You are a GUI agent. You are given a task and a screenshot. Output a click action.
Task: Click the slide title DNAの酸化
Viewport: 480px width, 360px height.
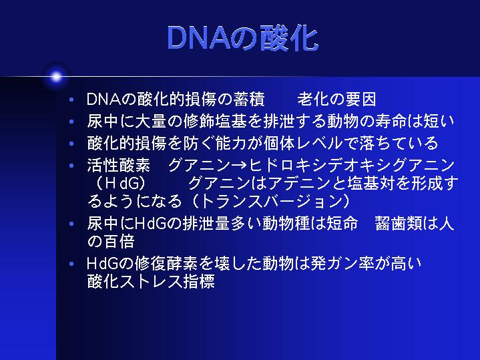tap(243, 38)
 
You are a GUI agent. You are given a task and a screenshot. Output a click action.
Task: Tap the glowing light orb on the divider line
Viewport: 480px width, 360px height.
tap(56, 77)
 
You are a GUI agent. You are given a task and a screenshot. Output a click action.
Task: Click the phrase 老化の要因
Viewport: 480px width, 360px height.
tap(336, 100)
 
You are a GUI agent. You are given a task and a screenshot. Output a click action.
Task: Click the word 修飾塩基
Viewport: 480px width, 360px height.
tap(215, 122)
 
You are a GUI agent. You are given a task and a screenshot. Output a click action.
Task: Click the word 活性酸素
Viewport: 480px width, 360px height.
tap(119, 166)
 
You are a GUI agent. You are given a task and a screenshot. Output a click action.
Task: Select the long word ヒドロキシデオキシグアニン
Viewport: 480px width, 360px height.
tap(352, 166)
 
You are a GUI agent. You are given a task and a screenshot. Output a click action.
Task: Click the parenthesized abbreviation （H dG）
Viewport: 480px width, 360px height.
tap(120, 183)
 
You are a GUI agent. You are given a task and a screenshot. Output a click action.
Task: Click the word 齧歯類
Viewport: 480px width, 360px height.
tap(399, 223)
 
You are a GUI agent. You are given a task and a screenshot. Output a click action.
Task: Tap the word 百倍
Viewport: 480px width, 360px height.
tap(119, 242)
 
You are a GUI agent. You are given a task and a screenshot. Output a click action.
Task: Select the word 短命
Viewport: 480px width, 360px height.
tap(342, 223)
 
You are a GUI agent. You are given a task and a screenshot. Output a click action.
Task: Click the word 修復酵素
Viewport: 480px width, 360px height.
tap(166, 264)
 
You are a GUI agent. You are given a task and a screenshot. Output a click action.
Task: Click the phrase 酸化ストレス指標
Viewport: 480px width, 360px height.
tap(151, 282)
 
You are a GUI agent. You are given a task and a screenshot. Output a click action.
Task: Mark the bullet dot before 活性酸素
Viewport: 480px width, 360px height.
tap(71, 166)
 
